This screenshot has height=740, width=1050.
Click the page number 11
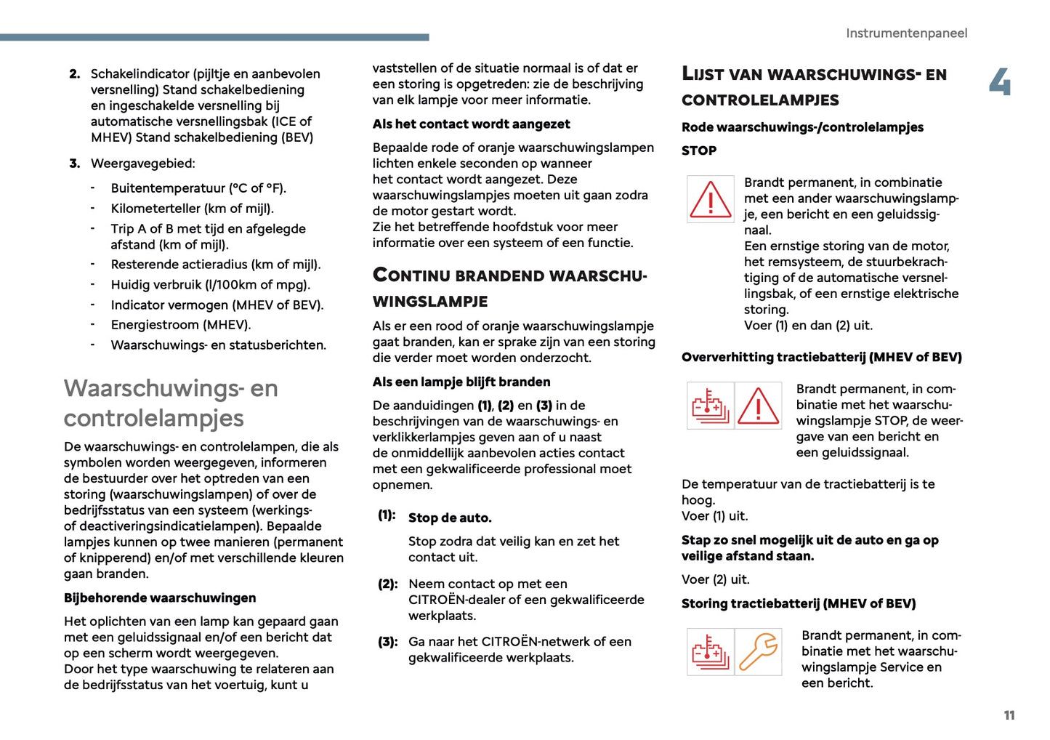(1009, 715)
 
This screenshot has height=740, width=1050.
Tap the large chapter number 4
(1000, 81)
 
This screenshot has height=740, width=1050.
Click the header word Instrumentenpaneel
(906, 33)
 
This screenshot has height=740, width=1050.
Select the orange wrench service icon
(759, 652)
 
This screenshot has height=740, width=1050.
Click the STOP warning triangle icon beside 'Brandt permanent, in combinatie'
(710, 199)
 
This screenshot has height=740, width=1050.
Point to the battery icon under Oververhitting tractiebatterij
(710, 406)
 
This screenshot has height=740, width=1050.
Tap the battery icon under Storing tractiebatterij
(710, 652)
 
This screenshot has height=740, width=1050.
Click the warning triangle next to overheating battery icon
(759, 406)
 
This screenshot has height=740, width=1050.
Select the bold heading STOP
(699, 150)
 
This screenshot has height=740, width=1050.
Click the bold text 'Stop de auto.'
(450, 518)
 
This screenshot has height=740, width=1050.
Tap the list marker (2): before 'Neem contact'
(387, 584)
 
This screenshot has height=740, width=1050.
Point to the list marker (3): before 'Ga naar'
(387, 642)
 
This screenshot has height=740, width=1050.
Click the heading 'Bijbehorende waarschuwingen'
(160, 598)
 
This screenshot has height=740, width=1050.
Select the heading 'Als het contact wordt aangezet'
(471, 124)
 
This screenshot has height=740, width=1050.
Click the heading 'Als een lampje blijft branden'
(461, 382)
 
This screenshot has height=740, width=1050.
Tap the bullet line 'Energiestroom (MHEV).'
(181, 325)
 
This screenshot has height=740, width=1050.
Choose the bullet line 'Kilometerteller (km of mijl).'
(192, 209)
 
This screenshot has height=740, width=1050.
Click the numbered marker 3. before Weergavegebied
(75, 164)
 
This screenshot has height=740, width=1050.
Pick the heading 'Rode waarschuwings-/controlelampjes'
(802, 127)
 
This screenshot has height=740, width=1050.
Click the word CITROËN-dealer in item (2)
(459, 600)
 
